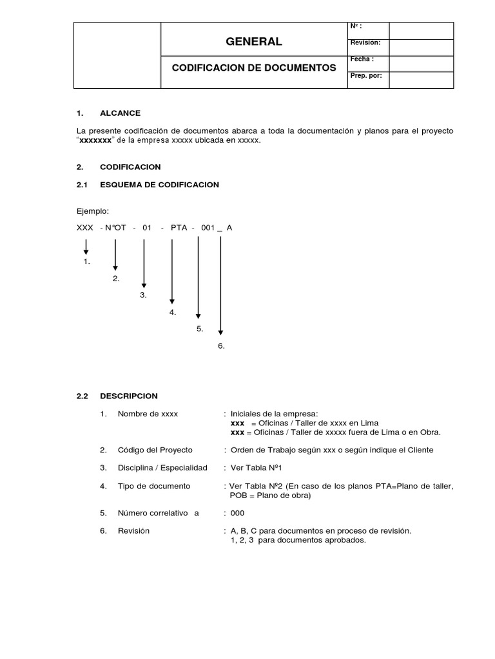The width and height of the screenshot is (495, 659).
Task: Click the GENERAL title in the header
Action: [253, 42]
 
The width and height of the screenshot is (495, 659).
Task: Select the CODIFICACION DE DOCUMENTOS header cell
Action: [253, 68]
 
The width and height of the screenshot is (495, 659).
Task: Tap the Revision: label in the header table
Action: [365, 42]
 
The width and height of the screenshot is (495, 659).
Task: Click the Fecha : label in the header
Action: [362, 59]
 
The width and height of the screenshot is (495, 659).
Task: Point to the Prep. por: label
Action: [365, 75]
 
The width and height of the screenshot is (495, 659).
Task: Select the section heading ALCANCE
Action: [120, 113]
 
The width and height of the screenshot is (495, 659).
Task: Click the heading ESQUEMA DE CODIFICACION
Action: [159, 185]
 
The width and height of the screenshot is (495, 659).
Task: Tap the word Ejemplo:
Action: [93, 210]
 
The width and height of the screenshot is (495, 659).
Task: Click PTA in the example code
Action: [179, 228]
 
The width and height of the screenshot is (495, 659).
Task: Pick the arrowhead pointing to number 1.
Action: [86, 252]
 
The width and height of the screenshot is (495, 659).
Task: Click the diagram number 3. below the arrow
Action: [144, 295]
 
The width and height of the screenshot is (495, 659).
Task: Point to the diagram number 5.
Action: [200, 329]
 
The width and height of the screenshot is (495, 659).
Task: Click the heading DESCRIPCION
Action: [128, 396]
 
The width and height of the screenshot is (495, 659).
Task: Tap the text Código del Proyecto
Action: [155, 449]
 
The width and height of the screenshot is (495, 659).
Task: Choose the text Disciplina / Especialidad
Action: [162, 468]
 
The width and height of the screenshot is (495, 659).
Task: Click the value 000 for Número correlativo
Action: [237, 513]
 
